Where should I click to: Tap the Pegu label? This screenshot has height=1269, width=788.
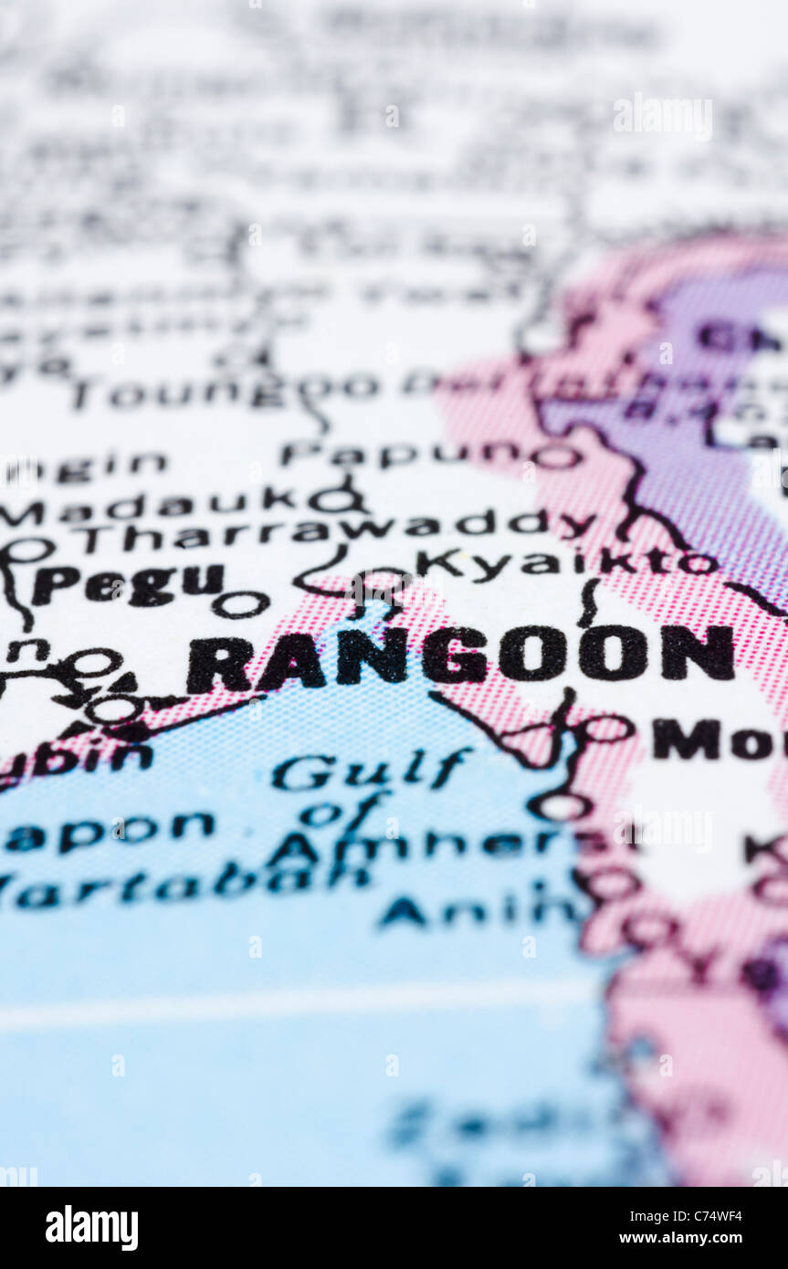[x=129, y=584]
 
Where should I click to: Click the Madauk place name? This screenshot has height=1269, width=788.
[x=146, y=505]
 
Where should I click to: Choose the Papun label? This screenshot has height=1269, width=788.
[x=402, y=454]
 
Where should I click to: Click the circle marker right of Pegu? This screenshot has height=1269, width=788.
[x=241, y=603]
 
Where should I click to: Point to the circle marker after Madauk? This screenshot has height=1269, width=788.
[x=333, y=499]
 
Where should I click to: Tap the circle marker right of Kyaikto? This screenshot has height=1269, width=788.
[x=699, y=563]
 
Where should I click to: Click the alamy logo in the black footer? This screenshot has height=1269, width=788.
[x=91, y=1228]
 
